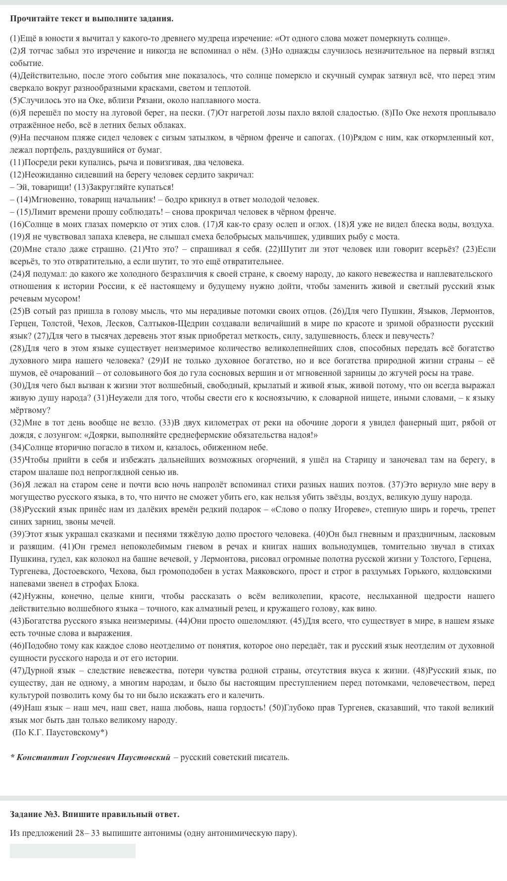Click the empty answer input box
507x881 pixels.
[x=72, y=851]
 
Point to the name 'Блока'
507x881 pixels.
[x=127, y=584]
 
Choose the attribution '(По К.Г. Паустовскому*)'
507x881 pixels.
[x=59, y=732]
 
